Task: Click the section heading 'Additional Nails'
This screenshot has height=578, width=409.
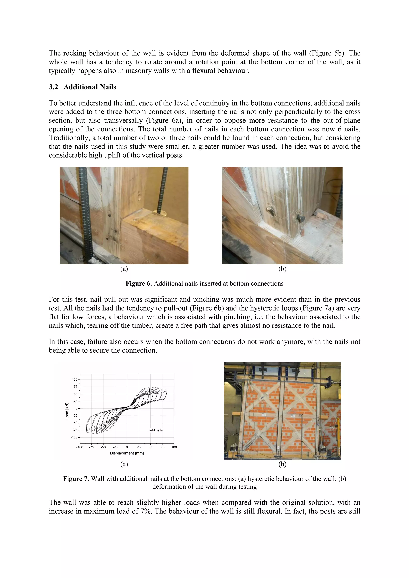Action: [90, 87]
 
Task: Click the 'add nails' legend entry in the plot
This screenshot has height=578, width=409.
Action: [156, 430]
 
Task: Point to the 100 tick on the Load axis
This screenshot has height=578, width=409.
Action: [75, 379]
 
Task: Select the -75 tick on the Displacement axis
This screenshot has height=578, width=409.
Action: [91, 447]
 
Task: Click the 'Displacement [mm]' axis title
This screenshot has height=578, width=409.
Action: [127, 453]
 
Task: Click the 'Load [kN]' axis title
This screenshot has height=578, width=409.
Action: [67, 411]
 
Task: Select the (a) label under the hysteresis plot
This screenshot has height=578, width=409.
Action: [124, 464]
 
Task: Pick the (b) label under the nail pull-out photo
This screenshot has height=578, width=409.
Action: [282, 269]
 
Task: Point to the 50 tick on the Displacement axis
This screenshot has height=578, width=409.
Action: [150, 447]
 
